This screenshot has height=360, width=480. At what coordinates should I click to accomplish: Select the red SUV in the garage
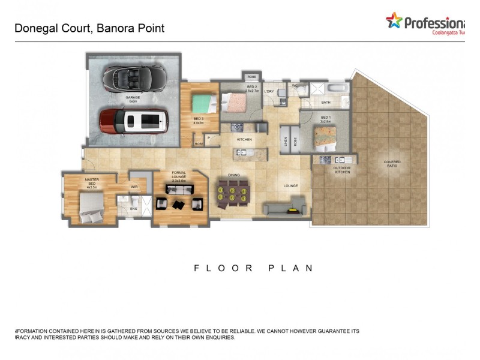(134, 120)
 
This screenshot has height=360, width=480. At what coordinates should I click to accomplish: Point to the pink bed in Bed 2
(236, 101)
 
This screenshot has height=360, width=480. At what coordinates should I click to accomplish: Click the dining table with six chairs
(230, 194)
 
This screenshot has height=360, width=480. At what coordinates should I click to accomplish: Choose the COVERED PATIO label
(392, 163)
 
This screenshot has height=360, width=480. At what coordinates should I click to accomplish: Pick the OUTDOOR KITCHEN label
(341, 170)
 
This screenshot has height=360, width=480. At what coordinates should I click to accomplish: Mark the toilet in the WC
(303, 89)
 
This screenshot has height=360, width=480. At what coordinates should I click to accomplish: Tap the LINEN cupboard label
(286, 141)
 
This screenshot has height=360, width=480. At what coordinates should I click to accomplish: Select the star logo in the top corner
(394, 21)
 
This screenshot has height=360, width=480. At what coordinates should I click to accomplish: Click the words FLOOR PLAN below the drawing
(253, 268)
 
